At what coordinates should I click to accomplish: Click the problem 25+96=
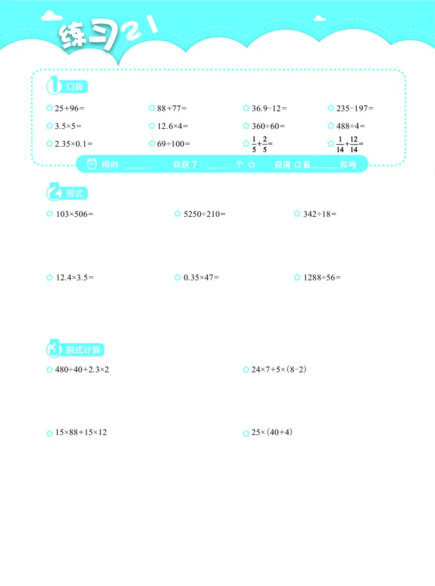tap(70, 108)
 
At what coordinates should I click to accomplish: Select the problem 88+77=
tap(172, 108)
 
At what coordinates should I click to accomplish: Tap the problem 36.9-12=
tap(269, 108)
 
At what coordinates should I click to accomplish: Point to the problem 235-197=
tap(355, 108)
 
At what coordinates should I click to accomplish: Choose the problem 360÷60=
tap(268, 126)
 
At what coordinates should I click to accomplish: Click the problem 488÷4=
tap(351, 126)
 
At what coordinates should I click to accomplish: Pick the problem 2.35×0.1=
tap(74, 144)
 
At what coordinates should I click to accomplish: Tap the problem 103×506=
tap(74, 214)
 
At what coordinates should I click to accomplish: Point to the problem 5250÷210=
tap(204, 214)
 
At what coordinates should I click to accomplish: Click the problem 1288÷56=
tap(322, 278)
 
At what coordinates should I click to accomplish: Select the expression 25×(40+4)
tap(272, 433)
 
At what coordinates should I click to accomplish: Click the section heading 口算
tap(74, 87)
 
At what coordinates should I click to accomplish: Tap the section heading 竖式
tap(74, 194)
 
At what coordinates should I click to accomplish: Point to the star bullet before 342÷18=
tap(297, 214)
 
